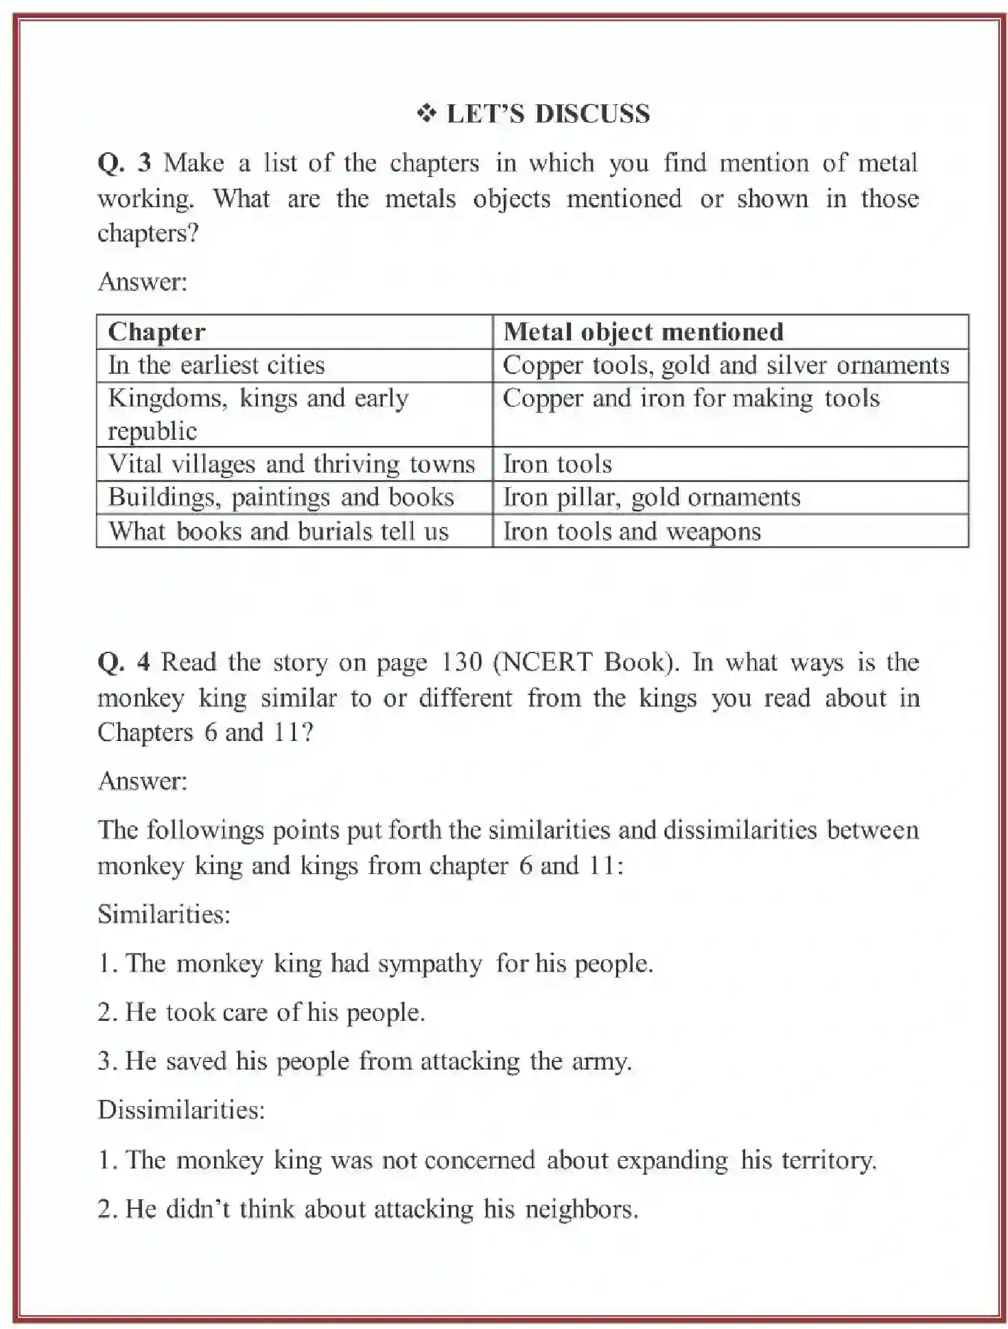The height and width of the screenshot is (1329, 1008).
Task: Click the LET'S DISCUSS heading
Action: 548,114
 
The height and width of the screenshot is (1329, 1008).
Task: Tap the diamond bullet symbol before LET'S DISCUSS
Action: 426,113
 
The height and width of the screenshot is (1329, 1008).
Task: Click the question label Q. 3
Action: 124,163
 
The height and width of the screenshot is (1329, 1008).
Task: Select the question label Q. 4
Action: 124,662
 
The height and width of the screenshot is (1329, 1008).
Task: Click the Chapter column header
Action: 157,332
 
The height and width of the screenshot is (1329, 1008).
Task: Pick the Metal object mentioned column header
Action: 643,332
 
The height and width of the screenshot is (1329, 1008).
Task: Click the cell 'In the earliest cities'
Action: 216,365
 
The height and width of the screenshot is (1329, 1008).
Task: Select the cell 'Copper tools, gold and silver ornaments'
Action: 726,365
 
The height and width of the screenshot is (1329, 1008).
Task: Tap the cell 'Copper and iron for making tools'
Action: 691,399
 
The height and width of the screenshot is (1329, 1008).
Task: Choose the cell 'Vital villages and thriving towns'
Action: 292,464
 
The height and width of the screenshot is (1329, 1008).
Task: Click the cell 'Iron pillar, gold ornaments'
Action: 652,497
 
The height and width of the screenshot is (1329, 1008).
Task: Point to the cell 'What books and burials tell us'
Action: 279,532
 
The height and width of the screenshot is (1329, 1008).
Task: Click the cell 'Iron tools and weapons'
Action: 632,532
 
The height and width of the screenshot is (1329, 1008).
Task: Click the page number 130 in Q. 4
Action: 461,662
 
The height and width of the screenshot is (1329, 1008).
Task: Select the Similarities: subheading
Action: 164,915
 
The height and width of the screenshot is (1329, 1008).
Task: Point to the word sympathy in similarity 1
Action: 430,964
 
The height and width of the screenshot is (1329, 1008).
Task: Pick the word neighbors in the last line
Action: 581,1209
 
